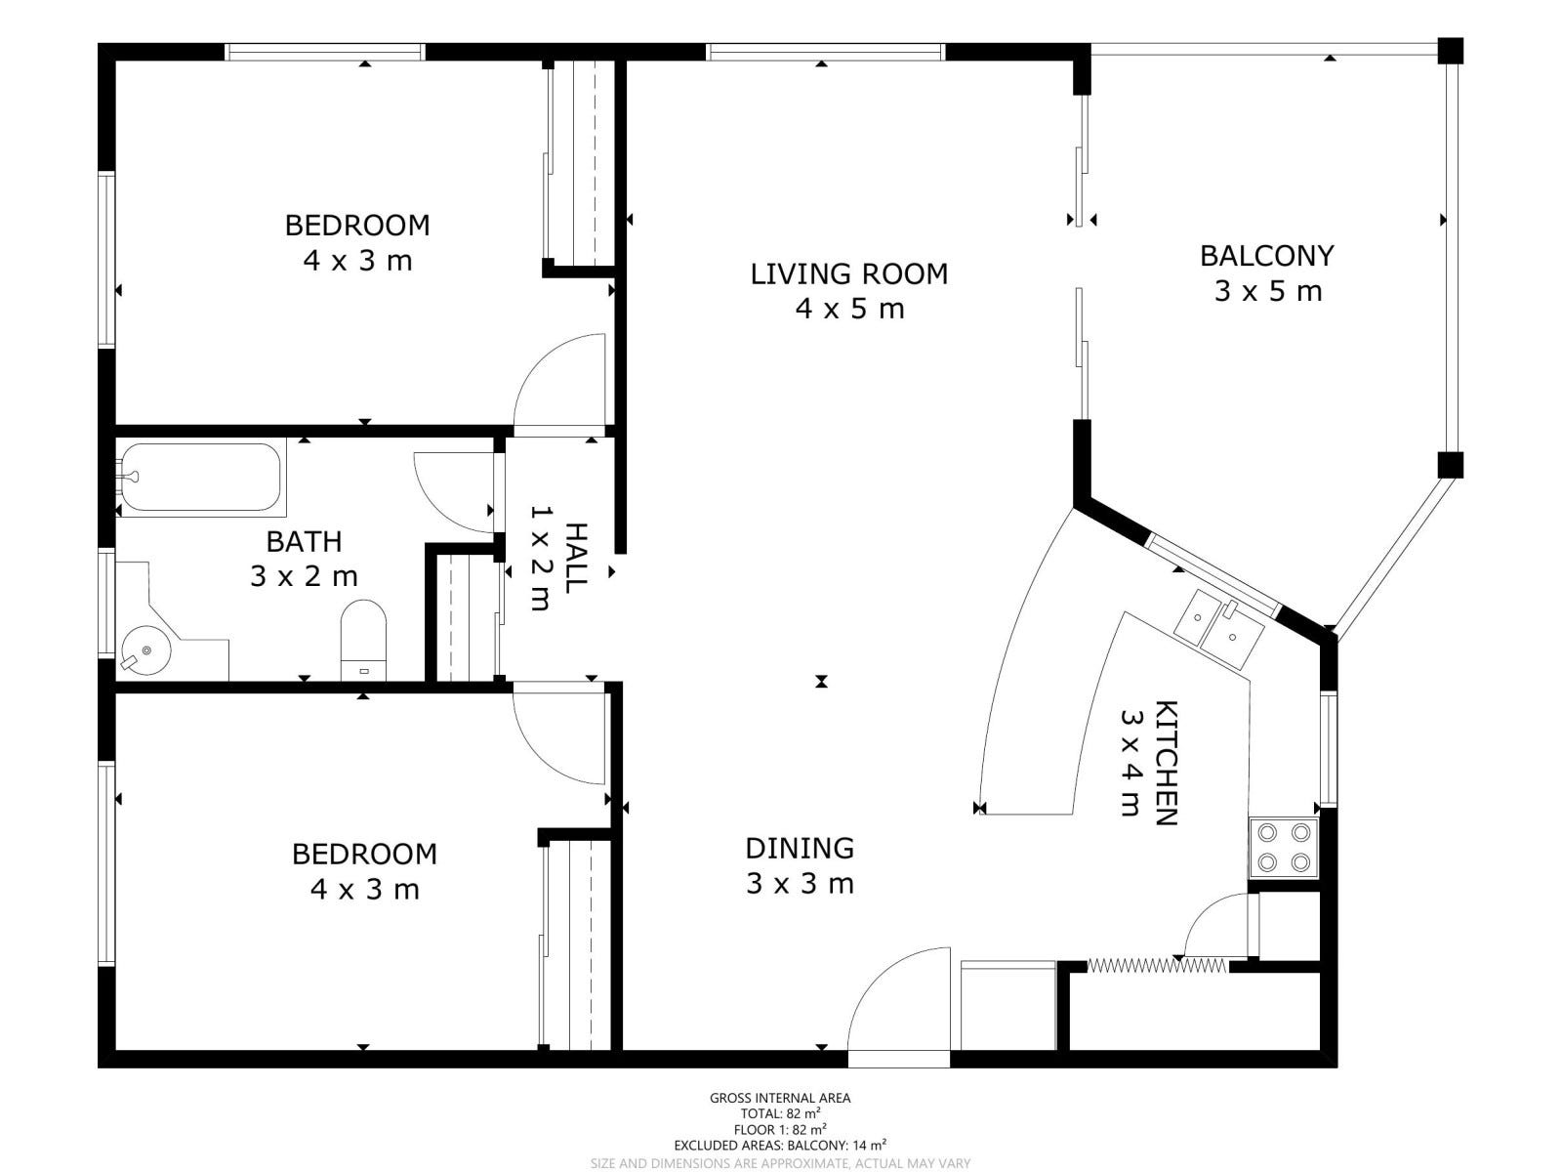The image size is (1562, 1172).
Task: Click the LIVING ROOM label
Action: coord(849,274)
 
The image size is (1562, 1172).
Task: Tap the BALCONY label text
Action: coord(1266,256)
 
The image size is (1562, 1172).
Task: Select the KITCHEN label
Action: coord(1166,763)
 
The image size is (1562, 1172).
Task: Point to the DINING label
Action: coord(800,848)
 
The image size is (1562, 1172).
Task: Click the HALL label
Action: coord(576,558)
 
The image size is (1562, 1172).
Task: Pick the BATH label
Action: coord(304,541)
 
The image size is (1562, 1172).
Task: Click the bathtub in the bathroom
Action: coord(201,478)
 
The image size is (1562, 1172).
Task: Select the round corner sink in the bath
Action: coord(145,649)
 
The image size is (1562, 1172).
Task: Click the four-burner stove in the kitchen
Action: coord(1284,848)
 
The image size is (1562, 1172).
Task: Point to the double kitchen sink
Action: coord(1218,629)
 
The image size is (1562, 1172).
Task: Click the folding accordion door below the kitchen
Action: coord(1158,966)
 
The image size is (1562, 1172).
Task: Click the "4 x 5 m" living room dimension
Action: coord(849,309)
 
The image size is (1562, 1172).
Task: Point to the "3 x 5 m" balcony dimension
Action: coord(1268,291)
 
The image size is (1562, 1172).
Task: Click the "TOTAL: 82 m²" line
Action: coord(781,1113)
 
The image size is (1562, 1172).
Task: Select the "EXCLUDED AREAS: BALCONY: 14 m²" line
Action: coord(780,1146)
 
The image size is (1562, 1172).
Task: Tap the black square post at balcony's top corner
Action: coord(1451,51)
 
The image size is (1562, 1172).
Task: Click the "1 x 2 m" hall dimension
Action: coord(540,558)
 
